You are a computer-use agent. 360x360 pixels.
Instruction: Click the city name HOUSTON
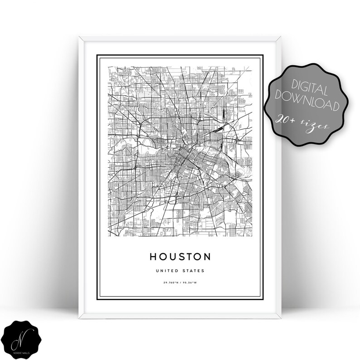180,257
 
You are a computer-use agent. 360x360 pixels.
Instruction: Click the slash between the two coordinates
180,283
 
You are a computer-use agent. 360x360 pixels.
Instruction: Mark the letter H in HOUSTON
154,257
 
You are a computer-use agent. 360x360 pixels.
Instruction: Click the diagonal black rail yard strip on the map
217,130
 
